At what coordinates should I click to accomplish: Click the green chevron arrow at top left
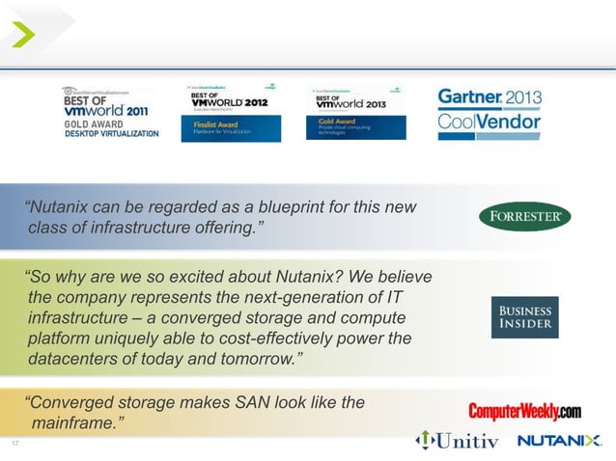(24, 36)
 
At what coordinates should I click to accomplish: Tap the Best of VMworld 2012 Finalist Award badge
(231, 112)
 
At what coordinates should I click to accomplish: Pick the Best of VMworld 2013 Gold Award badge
(357, 112)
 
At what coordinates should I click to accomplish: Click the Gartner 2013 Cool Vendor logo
(490, 111)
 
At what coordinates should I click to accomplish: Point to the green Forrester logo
(524, 217)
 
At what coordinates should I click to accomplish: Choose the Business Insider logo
(524, 317)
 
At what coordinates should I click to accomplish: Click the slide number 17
(14, 443)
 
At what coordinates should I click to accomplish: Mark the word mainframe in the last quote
(77, 422)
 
